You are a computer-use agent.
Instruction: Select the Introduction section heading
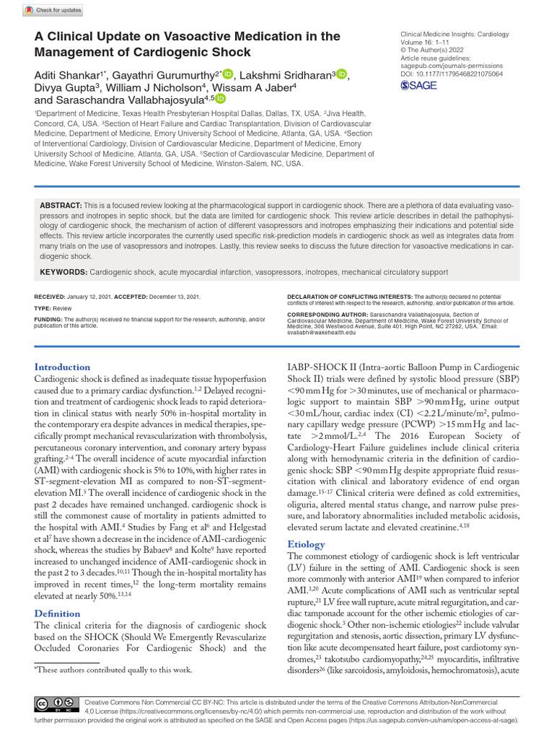(63, 367)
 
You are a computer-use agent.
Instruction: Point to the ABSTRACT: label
(61, 206)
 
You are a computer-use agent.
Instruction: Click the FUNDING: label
(48, 319)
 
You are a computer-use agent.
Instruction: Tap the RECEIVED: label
(49, 297)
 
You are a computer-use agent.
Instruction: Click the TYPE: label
(43, 307)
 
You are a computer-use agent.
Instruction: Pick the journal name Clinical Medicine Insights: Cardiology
(454, 34)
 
